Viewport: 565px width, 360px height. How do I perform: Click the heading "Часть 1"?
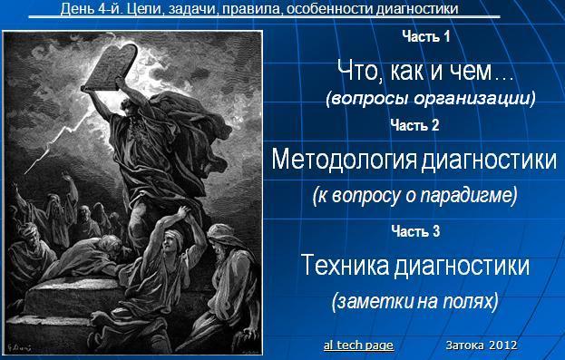pyautogui.click(x=425, y=36)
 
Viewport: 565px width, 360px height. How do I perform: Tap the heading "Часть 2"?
pyautogui.click(x=415, y=125)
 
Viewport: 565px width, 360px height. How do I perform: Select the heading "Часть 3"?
pyautogui.click(x=415, y=231)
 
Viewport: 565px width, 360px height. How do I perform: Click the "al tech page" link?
pyautogui.click(x=358, y=346)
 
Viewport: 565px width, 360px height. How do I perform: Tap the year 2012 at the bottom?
pyautogui.click(x=502, y=345)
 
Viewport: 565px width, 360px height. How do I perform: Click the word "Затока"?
pyautogui.click(x=464, y=345)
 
